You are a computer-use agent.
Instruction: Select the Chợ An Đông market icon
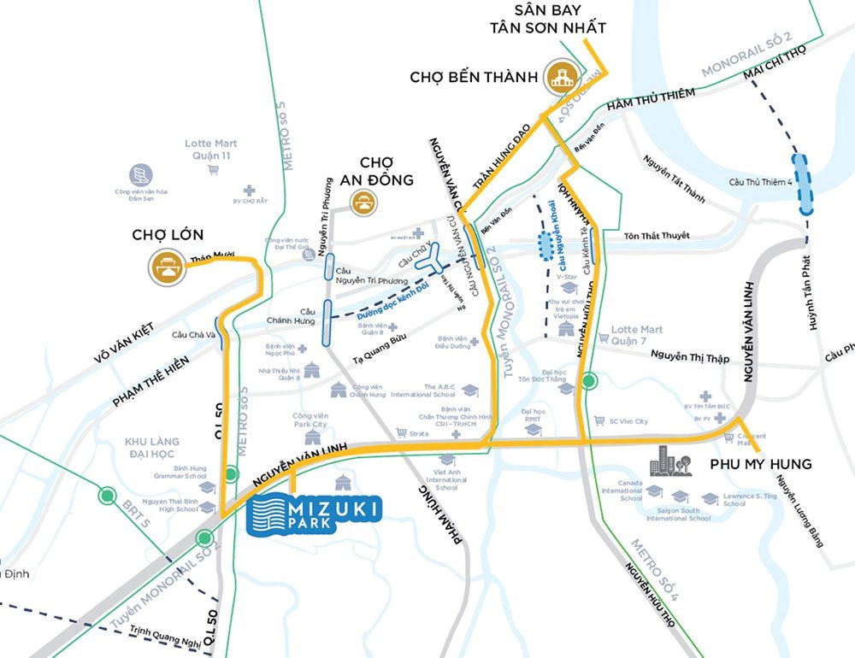tap(363, 202)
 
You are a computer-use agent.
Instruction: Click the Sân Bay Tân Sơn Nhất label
tap(547, 19)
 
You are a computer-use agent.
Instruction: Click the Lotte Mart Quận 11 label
tap(210, 150)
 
